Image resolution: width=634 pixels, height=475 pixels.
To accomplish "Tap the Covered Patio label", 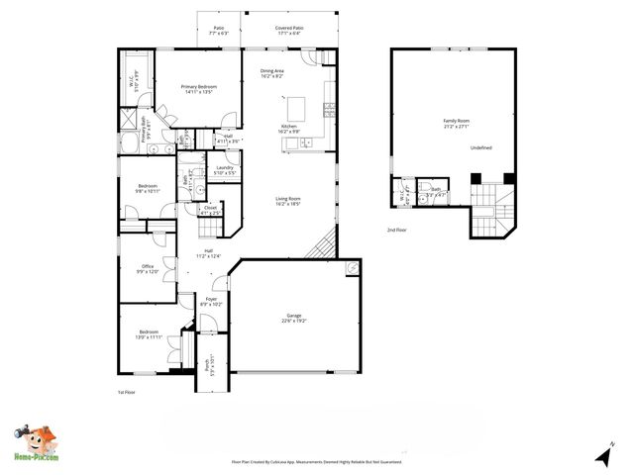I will click(x=288, y=30).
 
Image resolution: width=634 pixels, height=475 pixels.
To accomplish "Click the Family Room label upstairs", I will click(x=456, y=123).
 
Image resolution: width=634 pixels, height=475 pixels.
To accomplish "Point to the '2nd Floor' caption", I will click(x=398, y=230).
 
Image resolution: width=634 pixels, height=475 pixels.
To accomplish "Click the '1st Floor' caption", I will click(x=126, y=392).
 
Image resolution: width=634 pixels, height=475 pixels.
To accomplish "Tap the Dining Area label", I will click(x=272, y=73).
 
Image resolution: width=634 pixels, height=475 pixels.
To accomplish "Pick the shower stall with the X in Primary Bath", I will click(x=129, y=121).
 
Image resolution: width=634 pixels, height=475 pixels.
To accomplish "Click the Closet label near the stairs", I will click(x=210, y=210).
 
